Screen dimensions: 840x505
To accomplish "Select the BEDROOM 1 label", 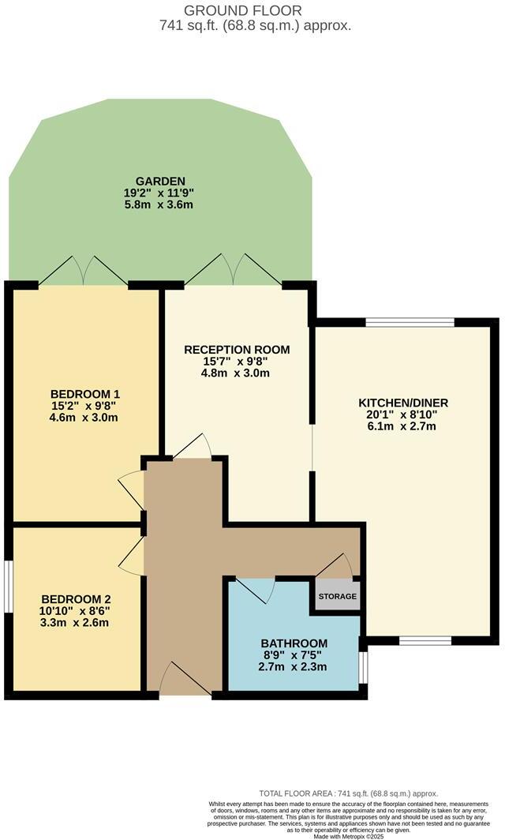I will [85, 394].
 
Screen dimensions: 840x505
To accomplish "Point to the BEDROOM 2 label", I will [76, 598].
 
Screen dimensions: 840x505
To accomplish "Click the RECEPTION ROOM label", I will [237, 350].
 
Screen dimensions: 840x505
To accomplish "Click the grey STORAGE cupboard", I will [338, 596].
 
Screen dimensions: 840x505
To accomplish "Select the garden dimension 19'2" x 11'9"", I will [159, 193].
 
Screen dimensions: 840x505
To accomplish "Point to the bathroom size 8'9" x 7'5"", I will [293, 654].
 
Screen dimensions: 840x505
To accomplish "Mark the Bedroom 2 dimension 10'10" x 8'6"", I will [76, 610].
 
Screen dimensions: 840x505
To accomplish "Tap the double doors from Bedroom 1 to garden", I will [83, 270].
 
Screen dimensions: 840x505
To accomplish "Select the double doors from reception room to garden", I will [233, 270].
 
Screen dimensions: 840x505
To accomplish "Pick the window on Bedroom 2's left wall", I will [9, 585].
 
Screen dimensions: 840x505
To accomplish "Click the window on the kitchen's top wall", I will [410, 321].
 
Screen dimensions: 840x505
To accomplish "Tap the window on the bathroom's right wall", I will [362, 666].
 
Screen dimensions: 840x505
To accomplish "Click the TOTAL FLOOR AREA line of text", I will [348, 793].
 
